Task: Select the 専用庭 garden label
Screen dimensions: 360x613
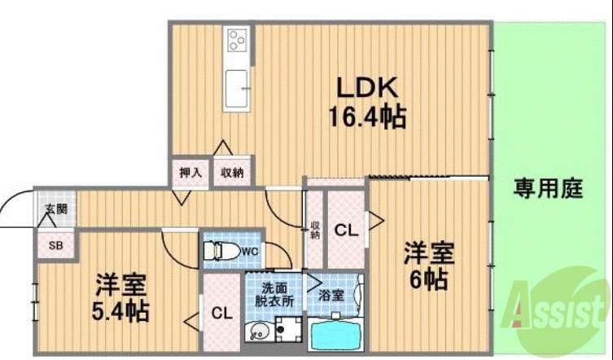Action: coord(548,189)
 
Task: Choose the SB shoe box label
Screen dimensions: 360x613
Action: coord(55,244)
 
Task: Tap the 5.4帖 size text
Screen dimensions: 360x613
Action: coord(120,310)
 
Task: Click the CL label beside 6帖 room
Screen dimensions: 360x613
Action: coord(346,230)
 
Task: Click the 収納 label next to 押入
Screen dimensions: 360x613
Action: coord(232,173)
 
